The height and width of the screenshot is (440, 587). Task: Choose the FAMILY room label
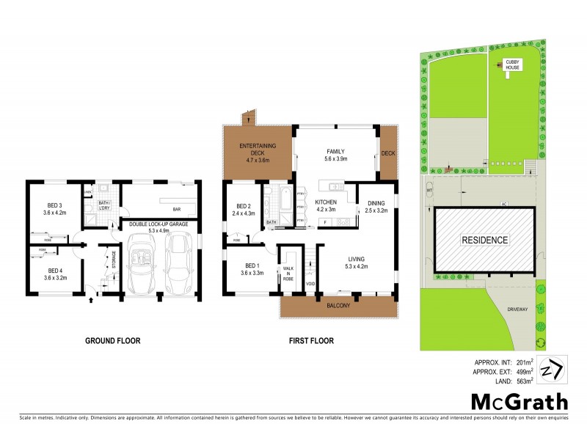(x=335, y=150)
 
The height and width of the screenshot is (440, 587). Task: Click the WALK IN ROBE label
(x=288, y=274)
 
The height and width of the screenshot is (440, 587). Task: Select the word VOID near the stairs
(x=310, y=284)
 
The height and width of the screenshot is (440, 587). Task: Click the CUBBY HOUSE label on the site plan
(x=511, y=65)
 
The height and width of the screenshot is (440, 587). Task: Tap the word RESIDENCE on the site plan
(x=484, y=240)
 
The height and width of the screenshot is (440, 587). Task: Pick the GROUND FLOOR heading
(x=112, y=340)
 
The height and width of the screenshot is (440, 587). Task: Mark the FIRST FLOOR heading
(x=311, y=340)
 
